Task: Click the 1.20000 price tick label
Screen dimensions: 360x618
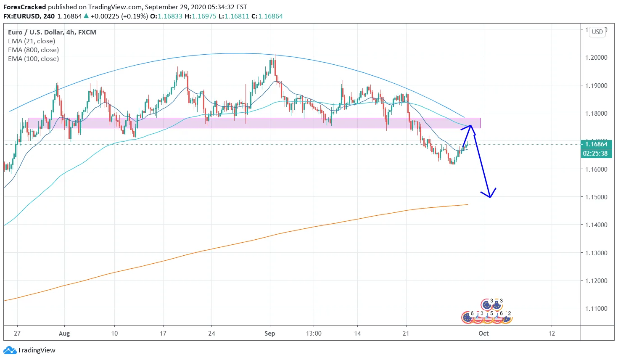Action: [x=596, y=58]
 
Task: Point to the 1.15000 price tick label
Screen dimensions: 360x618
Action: [x=596, y=197]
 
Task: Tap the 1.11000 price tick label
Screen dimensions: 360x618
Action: [x=596, y=309]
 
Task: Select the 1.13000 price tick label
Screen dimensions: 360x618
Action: [x=596, y=253]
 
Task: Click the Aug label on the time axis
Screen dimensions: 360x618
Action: [x=64, y=334]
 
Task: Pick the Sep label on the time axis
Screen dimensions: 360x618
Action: [x=269, y=334]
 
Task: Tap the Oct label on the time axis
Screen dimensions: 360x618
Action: [x=483, y=334]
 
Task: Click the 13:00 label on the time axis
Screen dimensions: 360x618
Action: [x=314, y=334]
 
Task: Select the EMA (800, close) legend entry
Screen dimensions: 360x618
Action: [x=33, y=50]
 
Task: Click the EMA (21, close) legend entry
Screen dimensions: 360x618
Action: [x=32, y=41]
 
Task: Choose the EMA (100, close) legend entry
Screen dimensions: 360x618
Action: [x=33, y=59]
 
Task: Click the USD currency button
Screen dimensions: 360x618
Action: [x=597, y=32]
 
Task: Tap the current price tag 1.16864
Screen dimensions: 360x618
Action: [x=596, y=144]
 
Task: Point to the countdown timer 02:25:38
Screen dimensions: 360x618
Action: [x=595, y=154]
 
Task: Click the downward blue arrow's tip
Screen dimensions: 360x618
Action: [x=490, y=197]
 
